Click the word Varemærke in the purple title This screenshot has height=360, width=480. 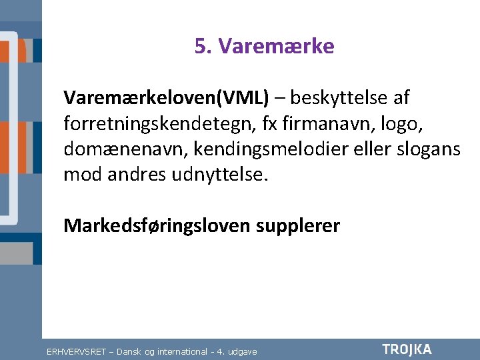pyautogui.click(x=276, y=47)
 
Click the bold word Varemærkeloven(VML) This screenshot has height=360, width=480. pyautogui.click(x=167, y=99)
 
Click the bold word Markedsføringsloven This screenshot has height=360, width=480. pyautogui.click(x=157, y=226)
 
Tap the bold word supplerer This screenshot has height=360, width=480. pyautogui.click(x=297, y=226)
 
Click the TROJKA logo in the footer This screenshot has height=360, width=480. pyautogui.click(x=407, y=349)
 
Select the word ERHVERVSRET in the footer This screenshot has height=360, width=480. pyautogui.click(x=77, y=351)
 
